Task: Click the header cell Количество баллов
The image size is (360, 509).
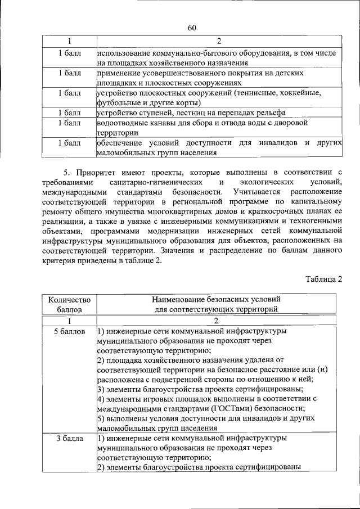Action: (x=69, y=304)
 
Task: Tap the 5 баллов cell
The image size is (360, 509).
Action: (x=69, y=332)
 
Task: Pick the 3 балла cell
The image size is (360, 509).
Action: (x=69, y=438)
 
